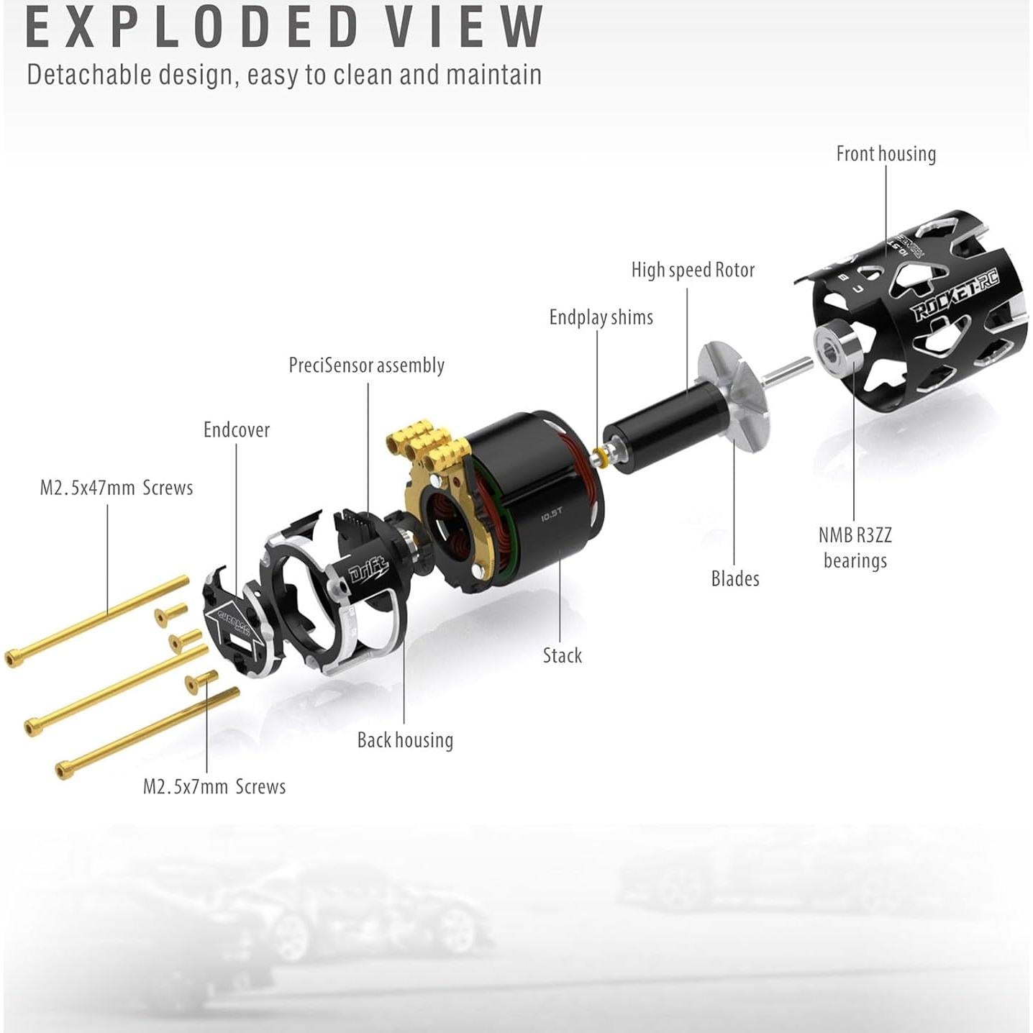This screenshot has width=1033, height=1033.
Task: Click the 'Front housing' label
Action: (x=886, y=154)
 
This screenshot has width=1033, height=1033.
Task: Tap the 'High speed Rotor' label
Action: (x=693, y=270)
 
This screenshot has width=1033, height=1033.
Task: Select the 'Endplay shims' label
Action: (x=601, y=317)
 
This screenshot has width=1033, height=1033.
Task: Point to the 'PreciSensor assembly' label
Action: (x=366, y=365)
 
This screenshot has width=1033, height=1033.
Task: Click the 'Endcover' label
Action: (x=237, y=430)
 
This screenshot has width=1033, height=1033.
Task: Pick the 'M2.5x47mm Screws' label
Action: (x=117, y=488)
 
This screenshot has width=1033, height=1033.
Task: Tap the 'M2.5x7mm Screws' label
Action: (x=214, y=786)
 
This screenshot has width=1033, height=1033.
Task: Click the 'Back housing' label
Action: (x=405, y=740)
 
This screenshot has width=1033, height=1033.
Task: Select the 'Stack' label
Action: (x=562, y=655)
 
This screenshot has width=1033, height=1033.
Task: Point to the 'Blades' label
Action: (x=734, y=578)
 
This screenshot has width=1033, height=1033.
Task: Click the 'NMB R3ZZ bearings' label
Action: (x=855, y=547)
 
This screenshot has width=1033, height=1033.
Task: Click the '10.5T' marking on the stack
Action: (x=552, y=515)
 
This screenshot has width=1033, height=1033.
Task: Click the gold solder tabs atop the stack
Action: (x=421, y=442)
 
